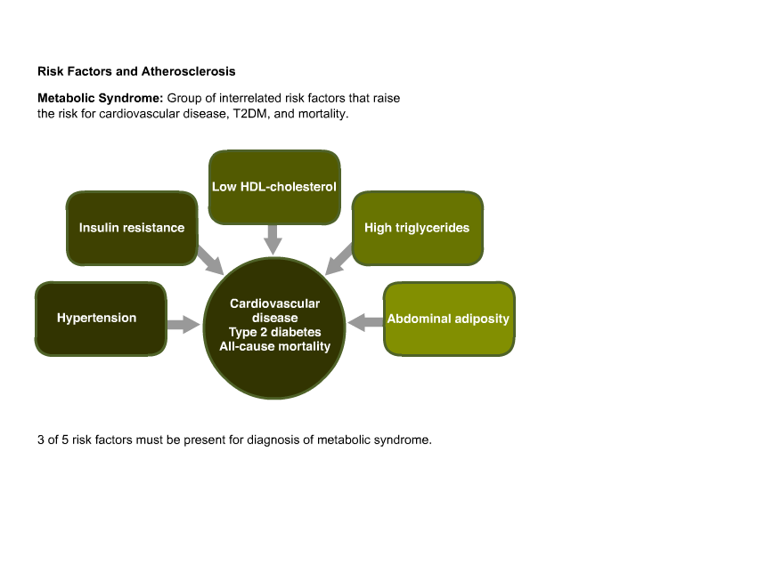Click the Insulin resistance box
coord(132,228)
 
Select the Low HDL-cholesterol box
coord(274,187)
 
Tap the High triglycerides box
coord(417,228)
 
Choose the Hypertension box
coord(101,319)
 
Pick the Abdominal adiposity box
coord(449,319)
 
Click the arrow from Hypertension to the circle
coord(184,324)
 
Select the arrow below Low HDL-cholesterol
coord(273,240)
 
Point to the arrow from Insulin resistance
coord(211,260)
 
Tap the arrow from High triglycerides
coord(339,259)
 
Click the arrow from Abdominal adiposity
coord(365,322)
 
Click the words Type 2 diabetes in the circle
coord(274,332)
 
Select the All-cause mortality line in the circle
coord(274,346)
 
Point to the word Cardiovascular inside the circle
coord(274,303)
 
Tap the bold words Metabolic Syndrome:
coord(101,98)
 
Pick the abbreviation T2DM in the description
coord(251,114)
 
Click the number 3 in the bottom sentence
coord(40,440)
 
